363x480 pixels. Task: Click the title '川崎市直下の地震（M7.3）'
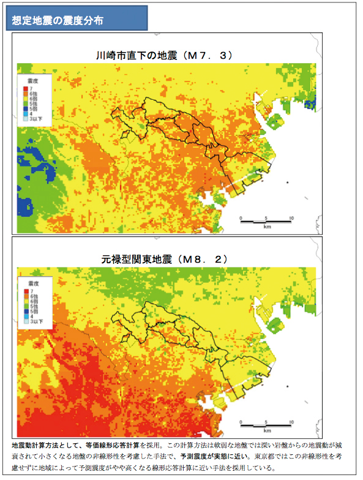[162, 55]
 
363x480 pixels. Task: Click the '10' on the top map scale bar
[291, 217]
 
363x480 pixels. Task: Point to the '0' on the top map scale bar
[241, 217]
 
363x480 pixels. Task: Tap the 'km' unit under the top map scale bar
[267, 227]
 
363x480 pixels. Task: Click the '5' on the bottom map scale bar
[266, 422]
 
